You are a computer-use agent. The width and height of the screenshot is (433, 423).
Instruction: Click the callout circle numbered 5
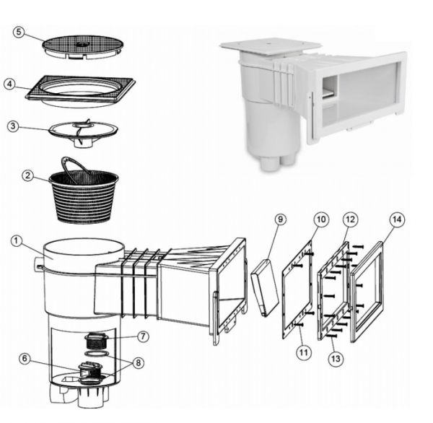pyautogui.click(x=19, y=32)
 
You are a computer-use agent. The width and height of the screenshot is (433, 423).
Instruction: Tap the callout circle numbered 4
pyautogui.click(x=9, y=84)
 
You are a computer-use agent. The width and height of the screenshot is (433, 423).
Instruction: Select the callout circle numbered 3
pyautogui.click(x=13, y=126)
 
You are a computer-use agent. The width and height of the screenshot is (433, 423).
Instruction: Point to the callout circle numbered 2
pyautogui.click(x=27, y=175)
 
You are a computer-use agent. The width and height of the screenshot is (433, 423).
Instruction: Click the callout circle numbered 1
pyautogui.click(x=17, y=241)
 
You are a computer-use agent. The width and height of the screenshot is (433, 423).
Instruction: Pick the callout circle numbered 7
pyautogui.click(x=143, y=336)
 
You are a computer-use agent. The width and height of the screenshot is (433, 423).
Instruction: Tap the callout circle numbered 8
pyautogui.click(x=138, y=362)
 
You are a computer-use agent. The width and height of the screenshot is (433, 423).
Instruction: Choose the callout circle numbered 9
pyautogui.click(x=280, y=219)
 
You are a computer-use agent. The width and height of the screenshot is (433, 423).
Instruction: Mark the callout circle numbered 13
pyautogui.click(x=336, y=359)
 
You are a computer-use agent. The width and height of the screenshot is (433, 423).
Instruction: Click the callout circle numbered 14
pyautogui.click(x=397, y=219)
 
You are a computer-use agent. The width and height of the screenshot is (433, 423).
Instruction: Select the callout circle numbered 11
pyautogui.click(x=304, y=352)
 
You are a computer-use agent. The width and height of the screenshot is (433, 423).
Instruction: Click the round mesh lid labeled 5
pyautogui.click(x=83, y=47)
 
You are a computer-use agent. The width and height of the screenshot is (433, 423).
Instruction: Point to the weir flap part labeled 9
pyautogui.click(x=265, y=287)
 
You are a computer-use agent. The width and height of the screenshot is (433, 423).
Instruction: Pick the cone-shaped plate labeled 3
pyautogui.click(x=83, y=132)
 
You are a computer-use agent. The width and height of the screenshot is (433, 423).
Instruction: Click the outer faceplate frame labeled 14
pyautogui.click(x=367, y=292)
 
